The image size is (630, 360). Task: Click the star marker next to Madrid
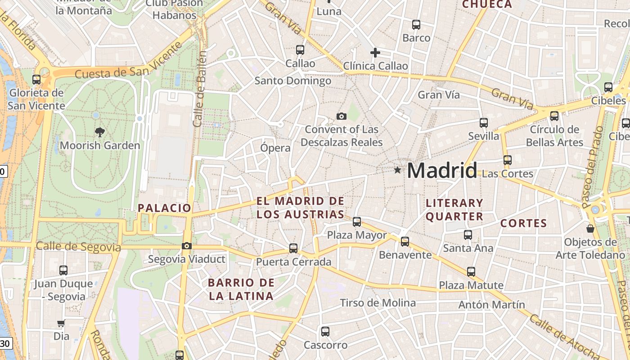pyautogui.click(x=397, y=170)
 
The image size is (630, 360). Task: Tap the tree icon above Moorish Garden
pyautogui.click(x=99, y=132)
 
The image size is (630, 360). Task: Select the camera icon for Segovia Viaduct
pyautogui.click(x=186, y=246)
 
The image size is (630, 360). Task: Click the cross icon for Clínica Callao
pyautogui.click(x=375, y=53)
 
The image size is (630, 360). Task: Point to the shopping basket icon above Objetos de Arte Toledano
pyautogui.click(x=590, y=229)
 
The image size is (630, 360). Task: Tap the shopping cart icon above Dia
pyautogui.click(x=61, y=323)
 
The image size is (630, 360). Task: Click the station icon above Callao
pyautogui.click(x=300, y=50)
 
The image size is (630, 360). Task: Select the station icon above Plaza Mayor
pyautogui.click(x=357, y=221)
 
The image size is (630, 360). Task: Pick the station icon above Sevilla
pyautogui.click(x=484, y=122)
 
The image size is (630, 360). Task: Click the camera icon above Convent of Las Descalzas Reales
pyautogui.click(x=342, y=117)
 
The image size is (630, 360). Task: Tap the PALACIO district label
pyautogui.click(x=165, y=208)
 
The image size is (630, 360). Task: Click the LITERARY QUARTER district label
pyautogui.click(x=454, y=210)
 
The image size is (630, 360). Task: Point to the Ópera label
pyautogui.click(x=275, y=148)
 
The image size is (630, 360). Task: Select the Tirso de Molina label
pyautogui.click(x=378, y=303)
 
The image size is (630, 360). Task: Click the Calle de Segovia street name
pyautogui.click(x=78, y=247)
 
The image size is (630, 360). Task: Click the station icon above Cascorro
pyautogui.click(x=325, y=332)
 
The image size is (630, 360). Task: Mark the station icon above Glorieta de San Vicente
pyautogui.click(x=36, y=80)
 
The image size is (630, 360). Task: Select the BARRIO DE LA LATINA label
pyautogui.click(x=241, y=289)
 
